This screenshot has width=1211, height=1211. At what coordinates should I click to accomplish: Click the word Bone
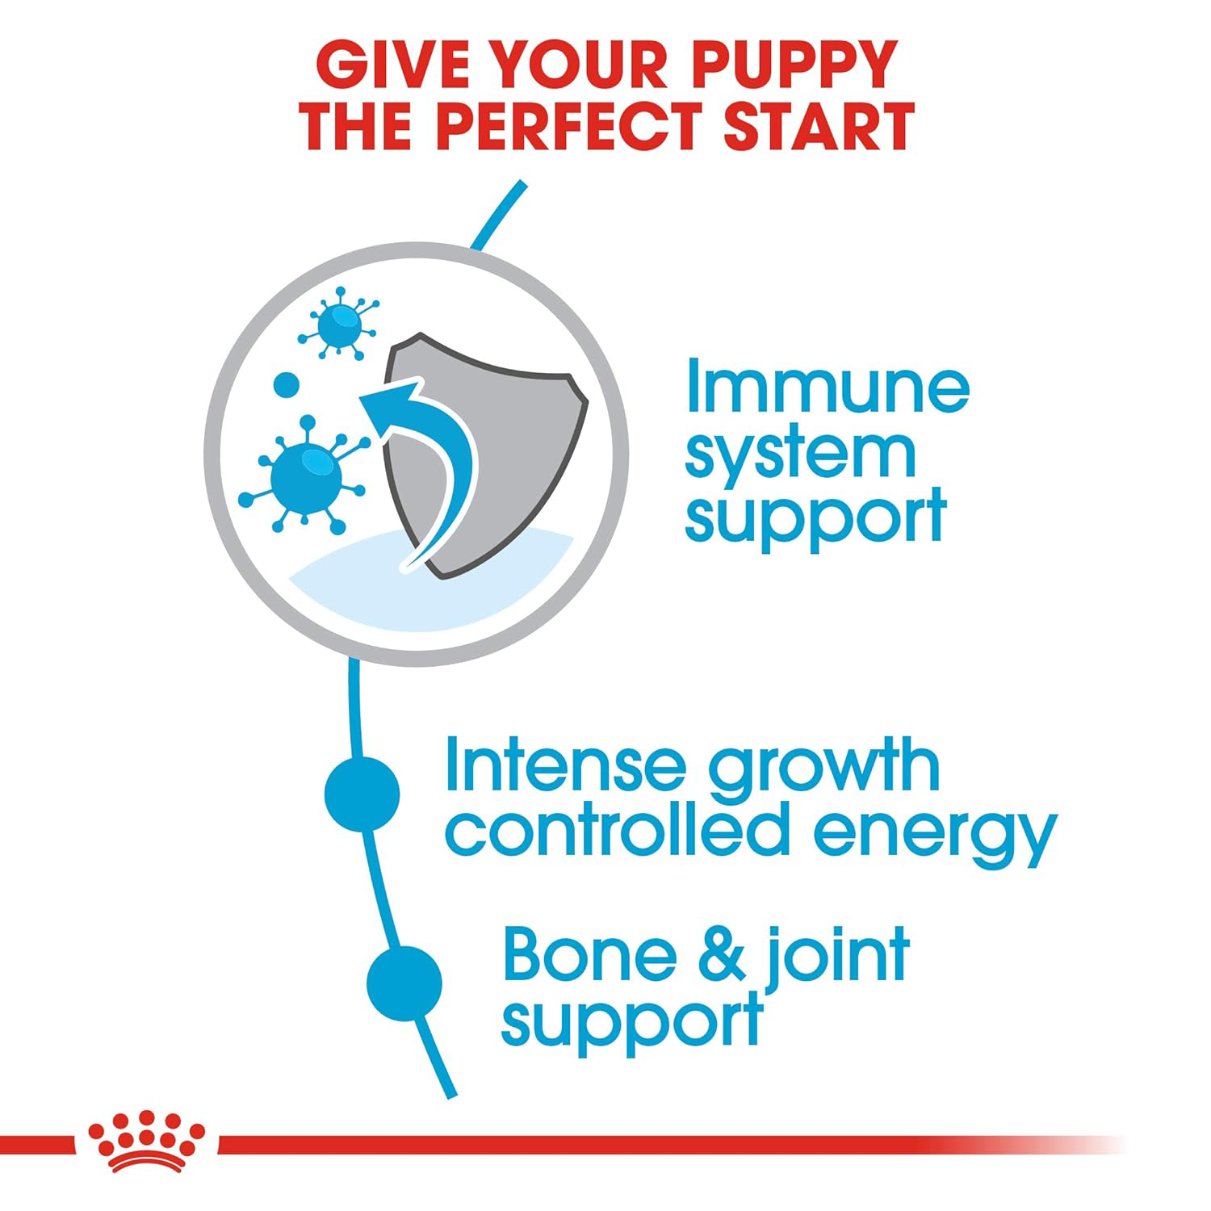[590, 955]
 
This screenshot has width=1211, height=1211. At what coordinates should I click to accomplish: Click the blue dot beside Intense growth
[362, 794]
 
